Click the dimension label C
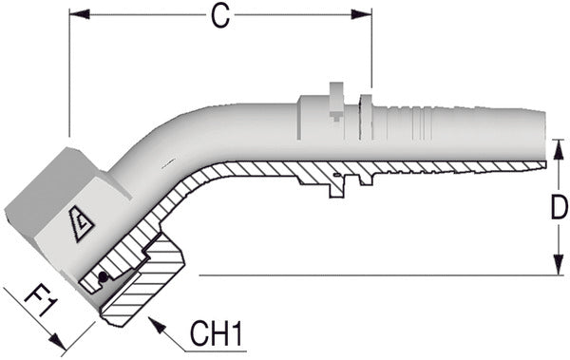[x=220, y=17]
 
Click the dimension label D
[x=560, y=207]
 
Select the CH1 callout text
[x=216, y=333]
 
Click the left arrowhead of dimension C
[x=79, y=14]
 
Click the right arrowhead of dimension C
[x=361, y=14]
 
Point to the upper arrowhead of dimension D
[x=558, y=149]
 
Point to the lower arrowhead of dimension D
[x=558, y=265]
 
